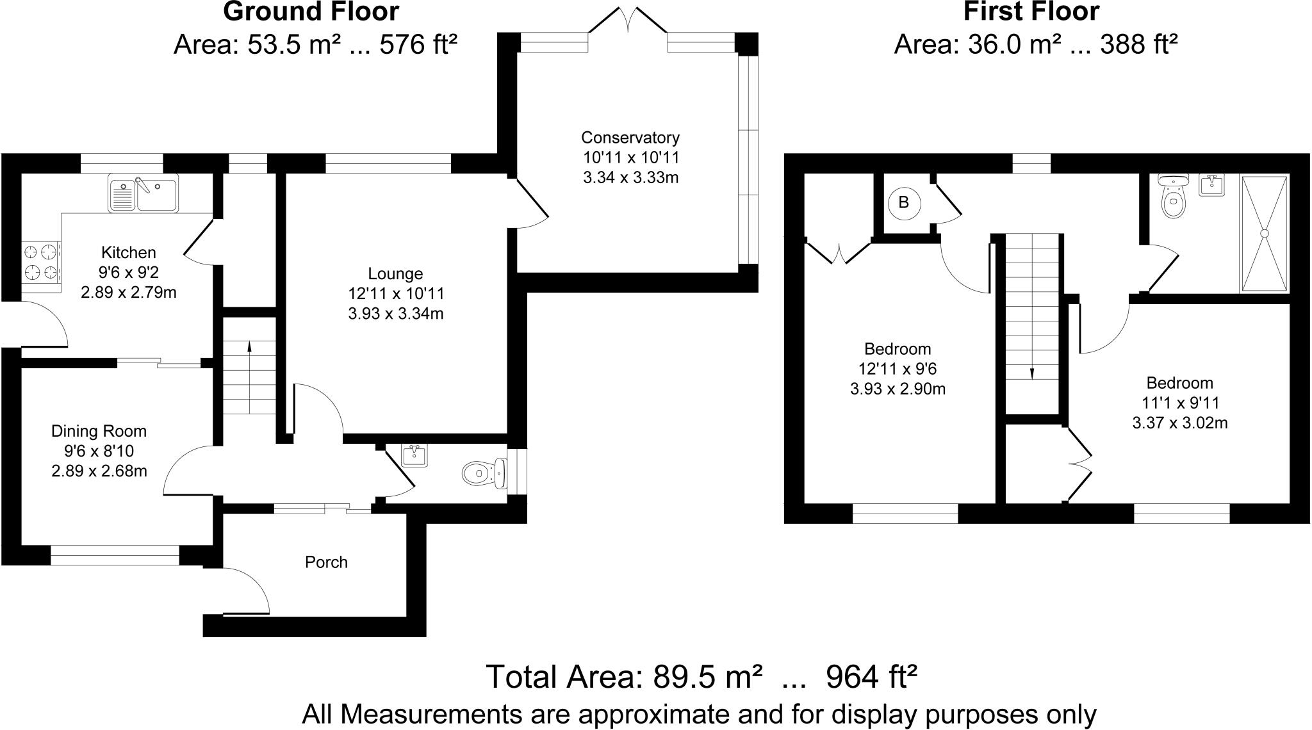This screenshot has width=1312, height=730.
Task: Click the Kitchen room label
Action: coord(129,252)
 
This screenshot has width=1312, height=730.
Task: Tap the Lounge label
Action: coord(395,274)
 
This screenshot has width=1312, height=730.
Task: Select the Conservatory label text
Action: coord(630,138)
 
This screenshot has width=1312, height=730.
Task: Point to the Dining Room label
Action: coord(99,432)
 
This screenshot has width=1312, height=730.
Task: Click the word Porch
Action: coord(326,562)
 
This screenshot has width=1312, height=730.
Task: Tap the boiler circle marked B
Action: coord(904,203)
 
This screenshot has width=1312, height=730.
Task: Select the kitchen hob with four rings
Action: coord(41,262)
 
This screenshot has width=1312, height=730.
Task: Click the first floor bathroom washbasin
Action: coord(1211,184)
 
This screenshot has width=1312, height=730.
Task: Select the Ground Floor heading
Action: coord(311,12)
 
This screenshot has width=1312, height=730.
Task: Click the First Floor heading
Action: coord(1031,12)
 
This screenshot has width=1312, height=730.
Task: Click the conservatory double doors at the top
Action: coord(628,22)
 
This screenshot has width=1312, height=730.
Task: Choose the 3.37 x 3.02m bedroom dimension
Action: coord(1179,423)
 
